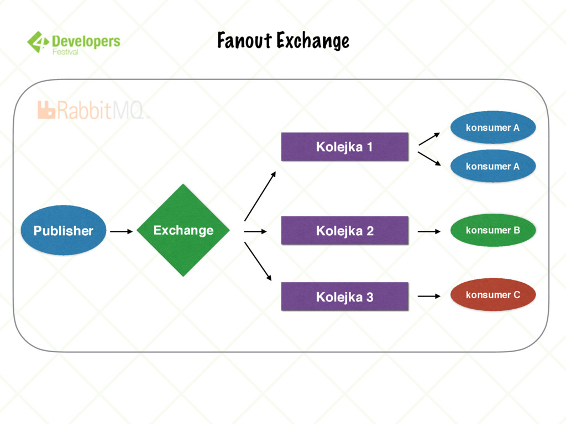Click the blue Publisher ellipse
pos(63,230)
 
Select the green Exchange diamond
pos(183,230)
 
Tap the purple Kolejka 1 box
pos(344,147)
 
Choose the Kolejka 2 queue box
pos(344,231)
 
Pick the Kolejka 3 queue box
pos(344,297)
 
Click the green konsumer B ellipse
pos(492,230)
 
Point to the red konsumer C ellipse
pos(492,295)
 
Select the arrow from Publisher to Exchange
pos(121,231)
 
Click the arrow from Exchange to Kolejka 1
pos(260,196)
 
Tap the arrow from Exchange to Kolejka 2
pos(255,232)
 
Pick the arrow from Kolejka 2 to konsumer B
pos(429,232)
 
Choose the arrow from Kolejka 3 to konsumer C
pos(429,296)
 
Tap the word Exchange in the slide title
pos(313,40)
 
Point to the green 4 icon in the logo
pos(37,42)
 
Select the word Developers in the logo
pos(86,40)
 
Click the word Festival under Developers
pos(65,52)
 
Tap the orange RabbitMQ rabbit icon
pos(46,110)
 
